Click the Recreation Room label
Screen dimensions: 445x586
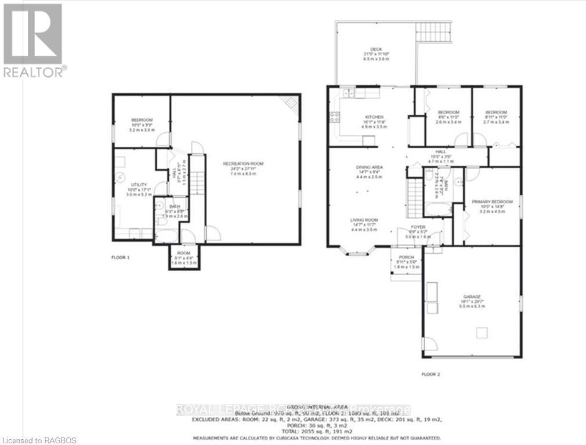click(243, 164)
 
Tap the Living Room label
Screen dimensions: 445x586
click(364, 220)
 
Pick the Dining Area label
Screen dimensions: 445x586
click(370, 167)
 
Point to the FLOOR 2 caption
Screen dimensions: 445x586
click(431, 374)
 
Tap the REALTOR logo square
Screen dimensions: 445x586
click(32, 34)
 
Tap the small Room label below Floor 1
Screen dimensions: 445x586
click(184, 254)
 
